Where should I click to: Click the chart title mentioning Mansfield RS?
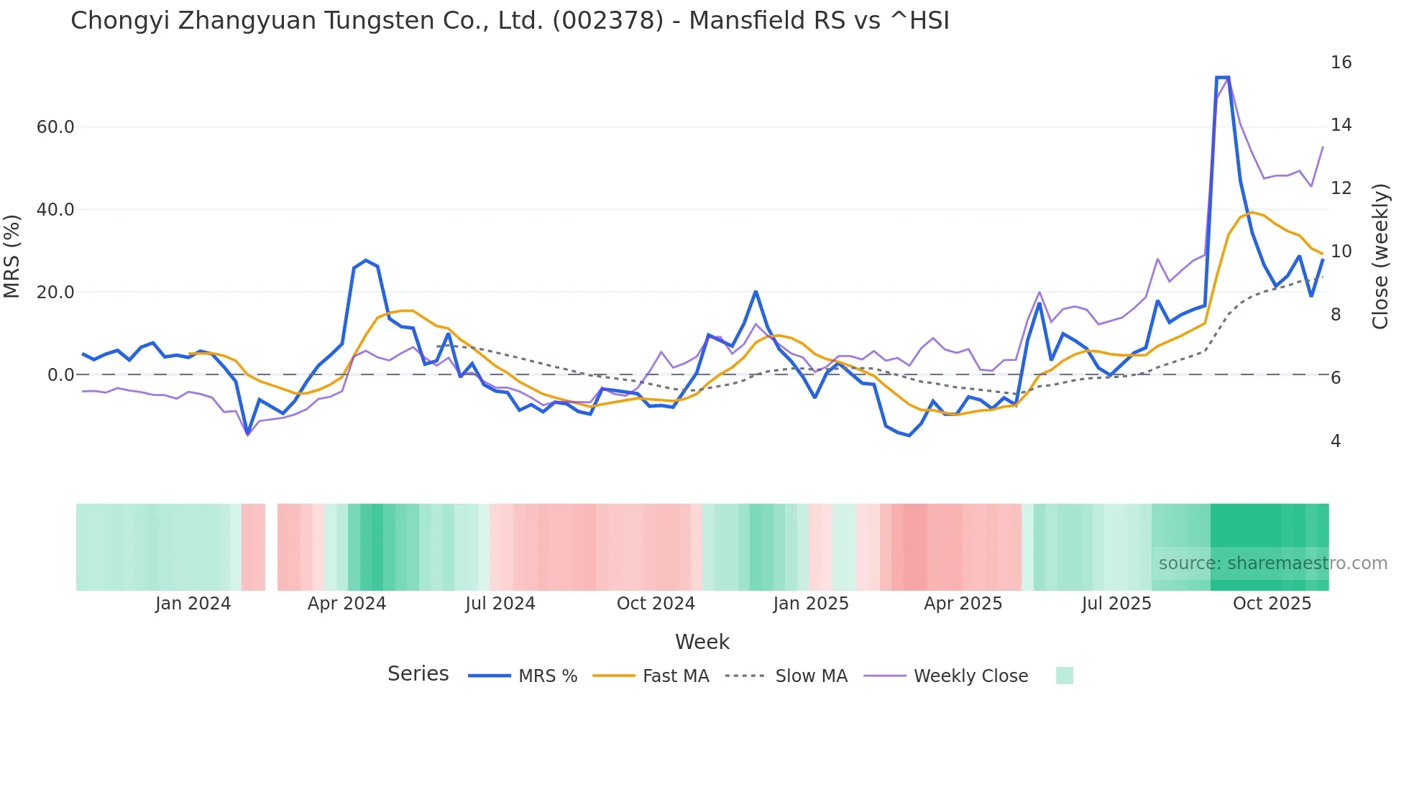[510, 21]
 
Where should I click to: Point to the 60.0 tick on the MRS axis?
[55, 127]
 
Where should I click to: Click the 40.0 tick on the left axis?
[55, 210]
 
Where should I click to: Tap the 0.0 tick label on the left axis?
[60, 375]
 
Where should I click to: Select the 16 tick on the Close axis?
[1341, 63]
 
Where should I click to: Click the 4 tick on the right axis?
[1336, 441]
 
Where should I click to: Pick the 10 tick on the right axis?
[1341, 252]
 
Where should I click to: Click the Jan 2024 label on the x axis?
[193, 604]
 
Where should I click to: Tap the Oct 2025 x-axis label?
[1272, 604]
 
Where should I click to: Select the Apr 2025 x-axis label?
[963, 604]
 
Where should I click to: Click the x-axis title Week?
[702, 642]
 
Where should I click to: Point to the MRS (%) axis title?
[12, 256]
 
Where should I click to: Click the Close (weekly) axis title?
[1380, 257]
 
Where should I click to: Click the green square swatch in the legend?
[1064, 676]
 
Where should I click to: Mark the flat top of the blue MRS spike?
[1222, 77]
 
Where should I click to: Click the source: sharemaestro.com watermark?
[1272, 563]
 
